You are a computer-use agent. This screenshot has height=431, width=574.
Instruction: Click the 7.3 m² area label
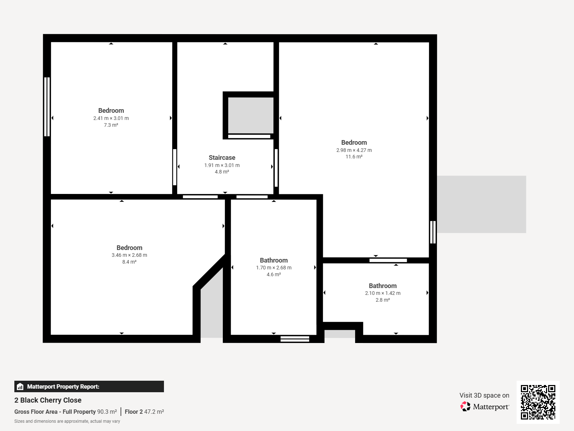(111, 125)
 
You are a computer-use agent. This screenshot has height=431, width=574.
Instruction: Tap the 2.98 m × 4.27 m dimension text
(354, 150)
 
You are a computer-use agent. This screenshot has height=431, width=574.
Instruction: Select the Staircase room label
(222, 158)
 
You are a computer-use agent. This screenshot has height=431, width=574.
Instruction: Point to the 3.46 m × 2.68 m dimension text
(129, 255)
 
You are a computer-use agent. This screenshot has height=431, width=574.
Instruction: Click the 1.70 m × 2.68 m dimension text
(273, 268)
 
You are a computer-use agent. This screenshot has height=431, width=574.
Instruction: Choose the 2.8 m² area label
(382, 300)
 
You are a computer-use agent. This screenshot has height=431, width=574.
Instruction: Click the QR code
(538, 402)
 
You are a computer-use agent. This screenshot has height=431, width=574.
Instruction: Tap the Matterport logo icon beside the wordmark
(465, 407)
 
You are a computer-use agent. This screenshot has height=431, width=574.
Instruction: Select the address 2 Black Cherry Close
(48, 400)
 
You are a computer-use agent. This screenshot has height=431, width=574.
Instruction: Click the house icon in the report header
(20, 386)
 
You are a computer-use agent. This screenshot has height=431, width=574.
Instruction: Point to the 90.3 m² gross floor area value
(107, 412)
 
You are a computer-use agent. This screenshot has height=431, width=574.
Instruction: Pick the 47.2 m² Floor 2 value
(154, 412)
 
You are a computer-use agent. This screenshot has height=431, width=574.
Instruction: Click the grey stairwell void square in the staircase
(250, 115)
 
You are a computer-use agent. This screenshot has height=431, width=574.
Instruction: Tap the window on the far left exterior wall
(47, 107)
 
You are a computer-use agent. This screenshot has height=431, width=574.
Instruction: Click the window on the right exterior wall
(433, 232)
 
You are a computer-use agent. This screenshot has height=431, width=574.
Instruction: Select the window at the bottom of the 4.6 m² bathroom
(295, 339)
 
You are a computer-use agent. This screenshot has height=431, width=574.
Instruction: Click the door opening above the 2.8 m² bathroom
(388, 260)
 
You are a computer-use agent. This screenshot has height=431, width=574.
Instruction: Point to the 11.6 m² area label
(354, 157)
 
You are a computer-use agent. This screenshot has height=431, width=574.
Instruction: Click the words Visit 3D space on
(484, 395)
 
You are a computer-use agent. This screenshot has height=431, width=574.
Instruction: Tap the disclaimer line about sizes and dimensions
(67, 421)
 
